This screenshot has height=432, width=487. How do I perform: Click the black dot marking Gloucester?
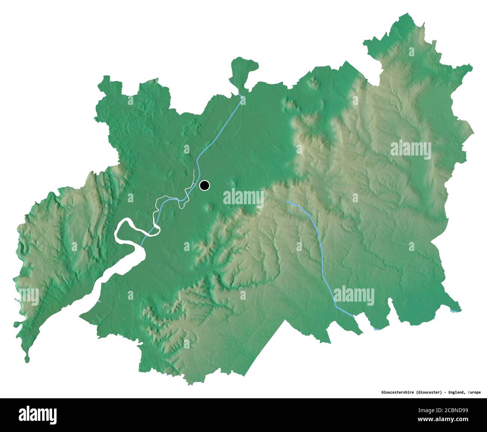[205, 185]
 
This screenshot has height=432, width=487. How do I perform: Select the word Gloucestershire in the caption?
[397, 392]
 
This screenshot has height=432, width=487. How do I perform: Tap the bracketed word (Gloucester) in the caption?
[429, 392]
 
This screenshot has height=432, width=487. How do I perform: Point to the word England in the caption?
[457, 392]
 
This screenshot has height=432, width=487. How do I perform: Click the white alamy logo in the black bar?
[38, 415]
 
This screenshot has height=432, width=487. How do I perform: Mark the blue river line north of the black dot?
[221, 127]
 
